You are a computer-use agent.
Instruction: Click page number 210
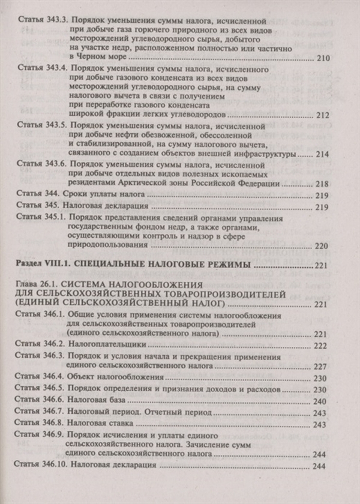click(322, 59)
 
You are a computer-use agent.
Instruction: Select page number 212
click(322, 115)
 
